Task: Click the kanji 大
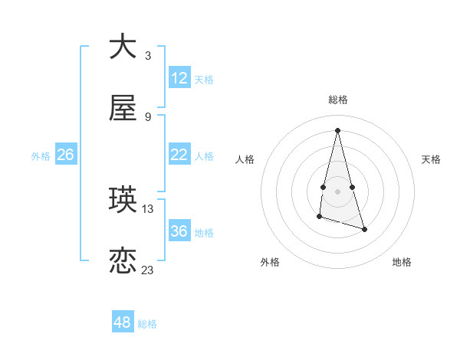pos(123,47)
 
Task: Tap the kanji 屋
pos(123,109)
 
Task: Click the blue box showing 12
pos(179,78)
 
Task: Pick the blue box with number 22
pos(179,155)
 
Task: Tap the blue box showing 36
pos(179,231)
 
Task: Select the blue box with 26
pos(65,155)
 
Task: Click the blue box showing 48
pos(123,322)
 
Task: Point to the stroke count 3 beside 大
pos(148,55)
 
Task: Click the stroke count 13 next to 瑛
pos(148,208)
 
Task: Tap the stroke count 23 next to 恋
pos(148,270)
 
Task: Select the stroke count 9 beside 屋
pos(148,116)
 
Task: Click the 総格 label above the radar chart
pos(337,100)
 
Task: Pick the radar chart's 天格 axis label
pos(431,159)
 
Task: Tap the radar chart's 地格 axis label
pos(402,262)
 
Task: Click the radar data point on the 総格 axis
pos(337,130)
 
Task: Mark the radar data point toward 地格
pos(364,229)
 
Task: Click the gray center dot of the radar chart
pos(337,191)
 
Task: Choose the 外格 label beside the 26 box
pos(41,156)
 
